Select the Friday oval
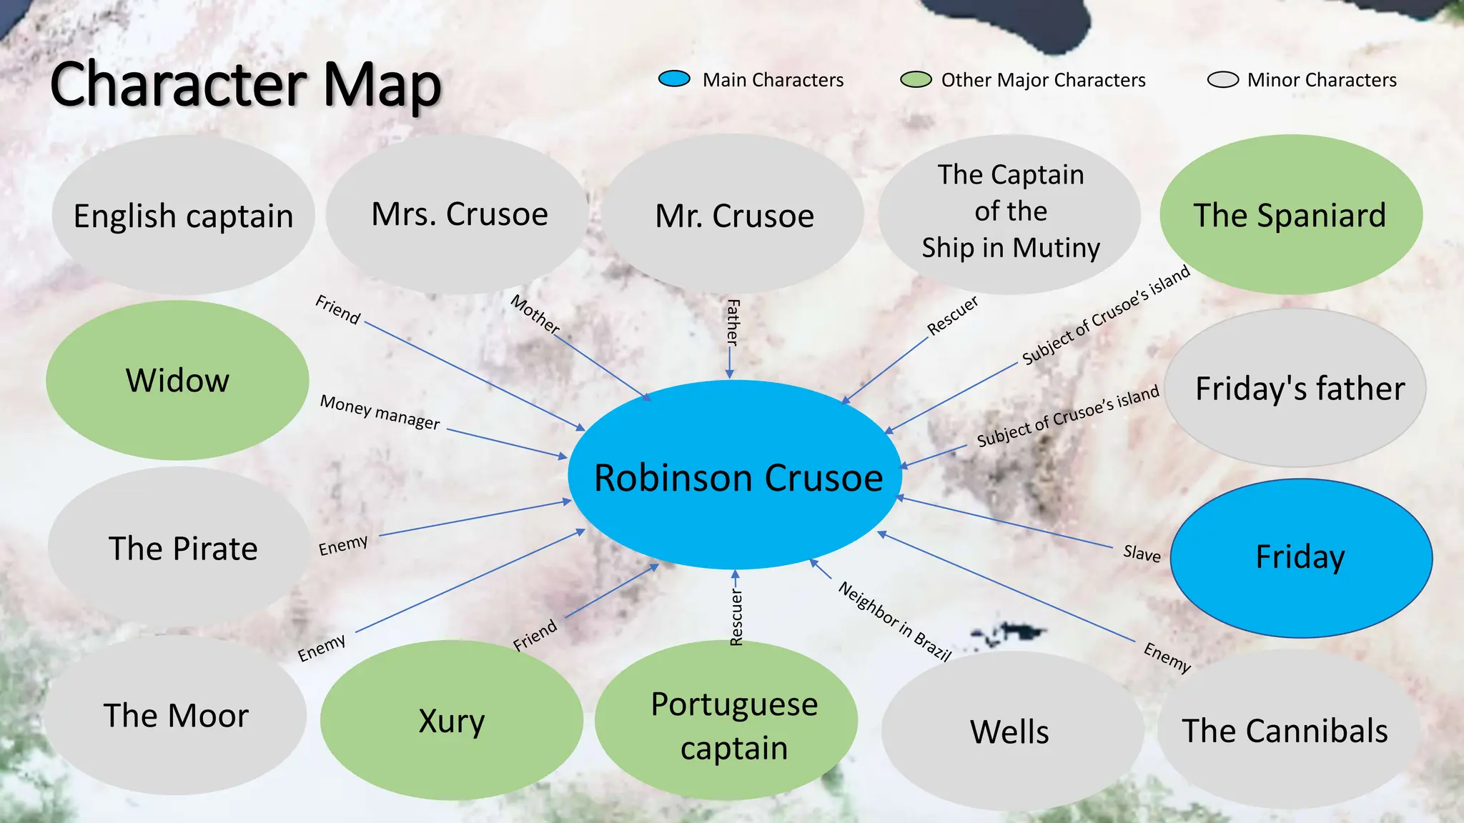coord(1301,557)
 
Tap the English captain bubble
coord(183,215)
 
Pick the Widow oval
coord(177,380)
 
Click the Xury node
coord(451,720)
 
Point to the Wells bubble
coord(1010,732)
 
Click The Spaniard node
coord(1290,214)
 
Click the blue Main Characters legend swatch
coord(674,79)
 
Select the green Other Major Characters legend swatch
coord(916,79)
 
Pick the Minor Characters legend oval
coord(1222,79)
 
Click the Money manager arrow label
coord(380,412)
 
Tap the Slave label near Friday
coord(1142,553)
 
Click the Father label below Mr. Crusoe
coord(733,322)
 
